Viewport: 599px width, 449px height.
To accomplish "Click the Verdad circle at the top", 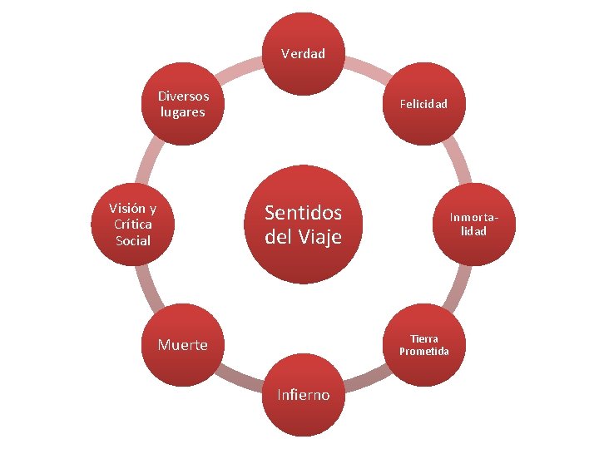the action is (303, 54).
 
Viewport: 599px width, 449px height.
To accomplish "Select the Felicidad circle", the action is (423, 104).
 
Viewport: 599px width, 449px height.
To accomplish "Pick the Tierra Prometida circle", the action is (423, 344).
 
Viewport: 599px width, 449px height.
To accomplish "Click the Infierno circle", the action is (303, 394).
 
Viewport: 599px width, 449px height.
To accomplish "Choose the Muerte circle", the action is (183, 344).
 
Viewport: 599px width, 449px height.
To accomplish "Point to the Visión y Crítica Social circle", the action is (133, 224).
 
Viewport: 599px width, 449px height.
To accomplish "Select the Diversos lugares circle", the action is (183, 104).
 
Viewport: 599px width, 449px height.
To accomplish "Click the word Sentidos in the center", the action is (303, 212).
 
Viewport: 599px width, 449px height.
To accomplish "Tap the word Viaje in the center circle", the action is (320, 237).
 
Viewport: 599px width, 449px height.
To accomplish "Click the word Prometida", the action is (423, 351).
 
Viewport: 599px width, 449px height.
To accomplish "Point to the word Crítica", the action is (133, 224).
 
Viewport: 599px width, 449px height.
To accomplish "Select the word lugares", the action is (183, 112).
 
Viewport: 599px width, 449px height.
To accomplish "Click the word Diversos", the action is (183, 96).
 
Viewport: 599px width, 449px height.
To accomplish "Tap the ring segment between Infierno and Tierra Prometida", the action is (366, 381).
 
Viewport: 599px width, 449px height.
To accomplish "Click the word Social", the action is (133, 240).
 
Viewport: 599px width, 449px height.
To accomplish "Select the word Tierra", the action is (423, 338).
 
